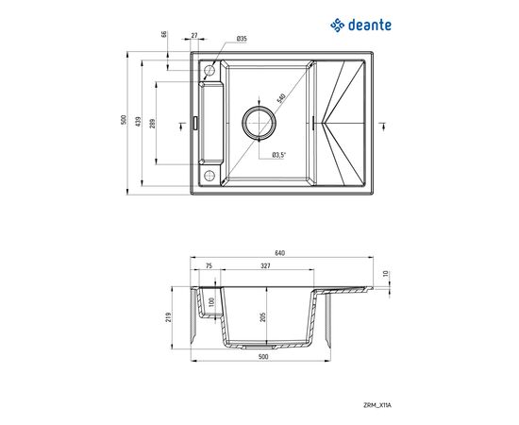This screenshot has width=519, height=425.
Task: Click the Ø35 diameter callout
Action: click(x=242, y=39)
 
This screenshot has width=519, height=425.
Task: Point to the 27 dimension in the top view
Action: click(x=195, y=35)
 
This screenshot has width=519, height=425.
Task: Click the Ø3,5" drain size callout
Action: click(x=279, y=154)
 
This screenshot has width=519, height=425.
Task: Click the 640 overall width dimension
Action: click(x=279, y=252)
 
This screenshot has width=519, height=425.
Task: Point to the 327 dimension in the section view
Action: click(x=266, y=267)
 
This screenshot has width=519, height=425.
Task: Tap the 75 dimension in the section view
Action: click(x=209, y=267)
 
